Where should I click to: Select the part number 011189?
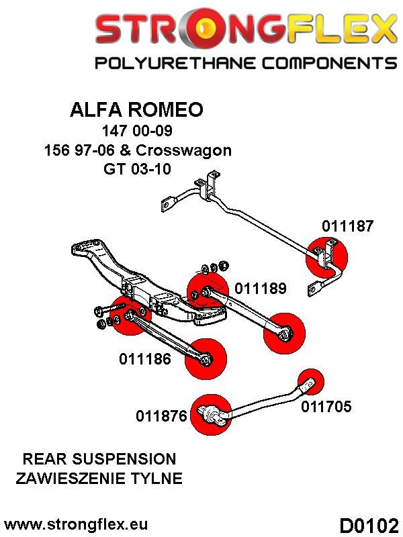[261, 289]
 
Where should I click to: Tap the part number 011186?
[145, 358]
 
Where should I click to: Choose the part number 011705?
[326, 406]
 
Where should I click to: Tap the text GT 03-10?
[136, 168]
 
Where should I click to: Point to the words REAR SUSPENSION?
[99, 459]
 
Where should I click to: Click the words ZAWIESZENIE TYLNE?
[99, 479]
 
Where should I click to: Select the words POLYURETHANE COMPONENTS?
[245, 64]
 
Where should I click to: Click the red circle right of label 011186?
[207, 358]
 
